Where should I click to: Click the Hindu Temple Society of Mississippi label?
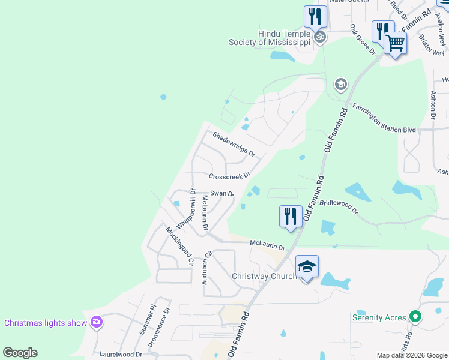click(x=270, y=38)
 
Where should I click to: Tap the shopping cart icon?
click(x=396, y=43)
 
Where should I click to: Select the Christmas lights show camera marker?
click(x=97, y=323)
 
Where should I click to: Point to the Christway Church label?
click(x=264, y=276)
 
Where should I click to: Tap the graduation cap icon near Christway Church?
click(x=307, y=266)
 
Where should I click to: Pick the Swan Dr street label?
click(x=221, y=193)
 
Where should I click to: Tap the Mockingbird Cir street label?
click(x=180, y=246)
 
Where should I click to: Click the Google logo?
click(x=20, y=353)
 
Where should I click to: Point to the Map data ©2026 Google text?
click(x=411, y=355)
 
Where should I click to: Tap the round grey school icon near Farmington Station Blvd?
click(x=341, y=84)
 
